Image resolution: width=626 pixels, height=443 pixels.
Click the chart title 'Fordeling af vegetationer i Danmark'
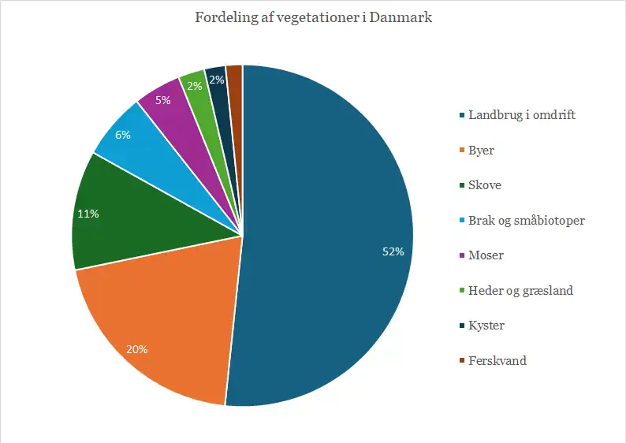click(x=313, y=17)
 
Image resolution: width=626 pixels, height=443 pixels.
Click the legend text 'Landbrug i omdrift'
click(x=522, y=115)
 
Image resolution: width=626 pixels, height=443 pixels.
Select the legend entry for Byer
click(x=481, y=151)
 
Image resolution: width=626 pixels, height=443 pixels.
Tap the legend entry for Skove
click(x=485, y=185)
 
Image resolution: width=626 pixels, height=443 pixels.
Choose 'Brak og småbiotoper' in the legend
click(x=527, y=221)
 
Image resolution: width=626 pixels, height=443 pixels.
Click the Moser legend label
click(x=486, y=255)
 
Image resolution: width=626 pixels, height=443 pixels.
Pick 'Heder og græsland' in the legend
click(x=520, y=291)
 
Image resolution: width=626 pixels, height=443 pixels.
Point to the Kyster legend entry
click(x=486, y=326)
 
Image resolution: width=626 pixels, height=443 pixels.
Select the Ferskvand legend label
click(x=497, y=361)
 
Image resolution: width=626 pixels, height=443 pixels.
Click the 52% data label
click(x=393, y=252)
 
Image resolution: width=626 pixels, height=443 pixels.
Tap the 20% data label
click(x=137, y=349)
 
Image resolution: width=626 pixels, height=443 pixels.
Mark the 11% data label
click(x=88, y=214)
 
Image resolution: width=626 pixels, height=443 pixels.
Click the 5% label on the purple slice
click(x=163, y=100)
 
